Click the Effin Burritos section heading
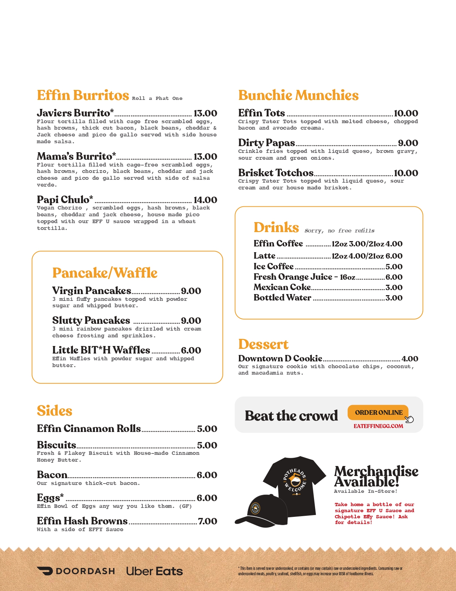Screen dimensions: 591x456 [x=83, y=96]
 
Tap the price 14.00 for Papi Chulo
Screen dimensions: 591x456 [x=205, y=200]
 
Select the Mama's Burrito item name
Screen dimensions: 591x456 [x=76, y=157]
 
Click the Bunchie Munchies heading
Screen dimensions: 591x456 [x=298, y=96]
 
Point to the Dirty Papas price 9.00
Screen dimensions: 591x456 [x=408, y=143]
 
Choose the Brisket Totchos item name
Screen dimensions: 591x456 [x=276, y=173]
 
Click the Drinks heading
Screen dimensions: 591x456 [x=276, y=228]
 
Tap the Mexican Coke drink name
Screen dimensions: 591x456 [x=282, y=287]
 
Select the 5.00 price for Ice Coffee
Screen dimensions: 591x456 [x=394, y=267]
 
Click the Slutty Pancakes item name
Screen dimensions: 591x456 [x=91, y=321]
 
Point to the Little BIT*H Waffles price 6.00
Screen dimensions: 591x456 [x=191, y=350]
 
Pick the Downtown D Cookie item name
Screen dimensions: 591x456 [x=280, y=359]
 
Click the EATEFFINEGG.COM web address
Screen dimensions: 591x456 [x=378, y=426]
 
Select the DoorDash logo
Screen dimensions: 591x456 [x=76, y=571]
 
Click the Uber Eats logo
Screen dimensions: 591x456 [x=155, y=571]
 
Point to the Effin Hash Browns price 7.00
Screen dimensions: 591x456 [x=207, y=521]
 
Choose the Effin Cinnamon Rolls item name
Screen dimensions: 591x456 [x=89, y=429]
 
